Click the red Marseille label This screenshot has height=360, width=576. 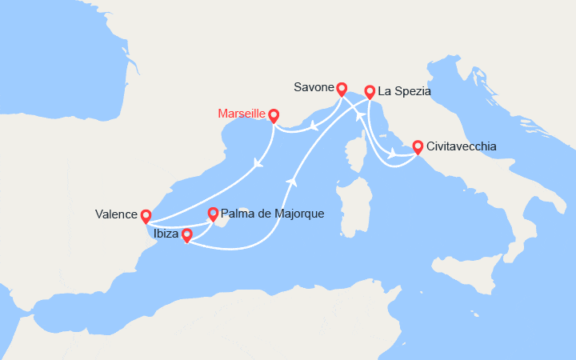point(242,114)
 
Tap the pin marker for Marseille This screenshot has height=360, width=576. point(274,115)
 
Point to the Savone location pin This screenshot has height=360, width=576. point(342,89)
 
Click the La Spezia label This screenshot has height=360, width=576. point(405,92)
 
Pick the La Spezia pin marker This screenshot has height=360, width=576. point(370,92)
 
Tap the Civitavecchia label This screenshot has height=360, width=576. point(462,146)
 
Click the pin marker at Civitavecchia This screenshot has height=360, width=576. point(418,147)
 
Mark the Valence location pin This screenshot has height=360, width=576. point(146,216)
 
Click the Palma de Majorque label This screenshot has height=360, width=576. point(266,214)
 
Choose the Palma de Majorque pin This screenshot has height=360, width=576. point(213,214)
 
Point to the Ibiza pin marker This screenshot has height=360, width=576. point(187,235)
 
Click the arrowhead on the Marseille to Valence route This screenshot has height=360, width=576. point(258,163)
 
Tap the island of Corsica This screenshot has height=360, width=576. point(352,153)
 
